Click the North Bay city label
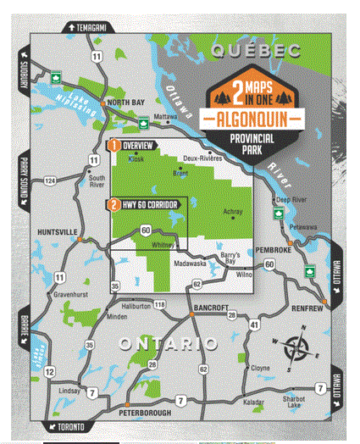click(x=126, y=103)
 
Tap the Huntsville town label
click(x=57, y=230)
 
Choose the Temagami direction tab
click(x=85, y=27)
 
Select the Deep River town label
click(x=294, y=201)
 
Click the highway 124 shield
click(x=50, y=181)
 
